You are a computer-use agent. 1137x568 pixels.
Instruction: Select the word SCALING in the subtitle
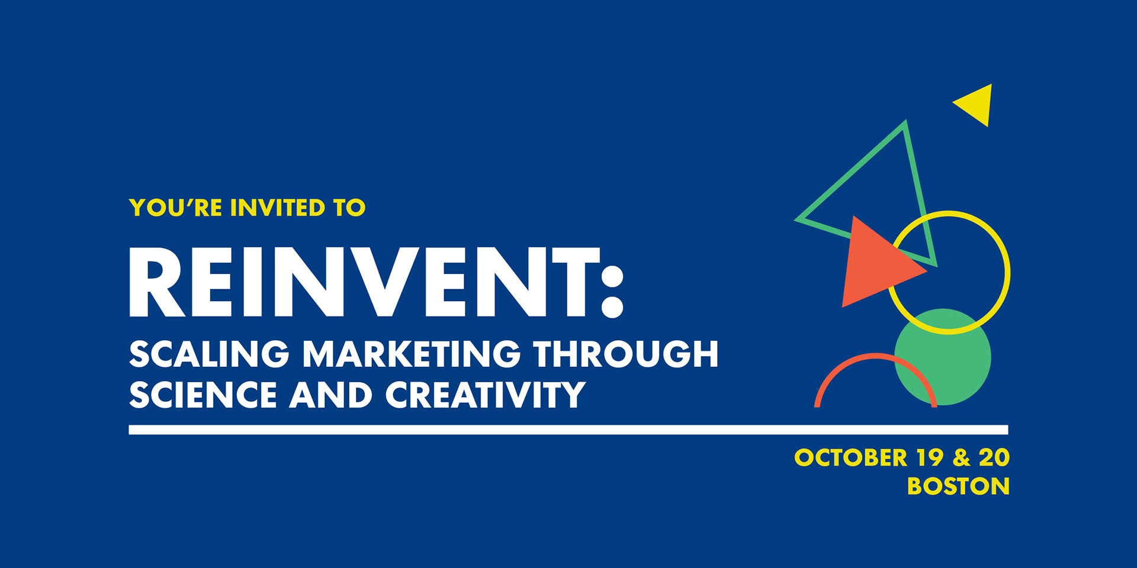pos(209,354)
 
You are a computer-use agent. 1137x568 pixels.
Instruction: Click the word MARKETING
pos(412,354)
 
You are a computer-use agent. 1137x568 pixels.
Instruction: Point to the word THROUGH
pos(626,354)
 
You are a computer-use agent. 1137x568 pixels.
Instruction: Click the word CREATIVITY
pos(486,395)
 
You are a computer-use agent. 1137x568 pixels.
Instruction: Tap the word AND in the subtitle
pos(331,395)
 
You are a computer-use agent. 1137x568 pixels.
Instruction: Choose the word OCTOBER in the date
pos(850,457)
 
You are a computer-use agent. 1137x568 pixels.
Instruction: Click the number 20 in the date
pos(994,457)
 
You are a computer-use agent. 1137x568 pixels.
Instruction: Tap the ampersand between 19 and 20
pos(962,457)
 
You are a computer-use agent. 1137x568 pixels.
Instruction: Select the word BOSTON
pos(958,486)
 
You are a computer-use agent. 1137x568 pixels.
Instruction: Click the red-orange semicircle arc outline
pos(876,356)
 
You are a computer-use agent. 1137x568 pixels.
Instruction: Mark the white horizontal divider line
pos(568,430)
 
